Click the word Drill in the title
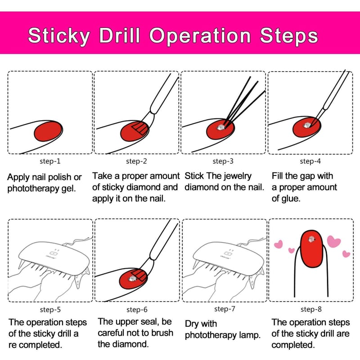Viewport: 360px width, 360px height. [x=120, y=36]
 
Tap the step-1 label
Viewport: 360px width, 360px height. [x=50, y=161]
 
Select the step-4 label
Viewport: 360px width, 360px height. [x=310, y=161]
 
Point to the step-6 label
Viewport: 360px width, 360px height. [x=137, y=310]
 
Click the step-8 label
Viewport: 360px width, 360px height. [x=311, y=309]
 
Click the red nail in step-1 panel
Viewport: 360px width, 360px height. [x=48, y=131]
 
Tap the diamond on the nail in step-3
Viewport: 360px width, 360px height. [x=220, y=127]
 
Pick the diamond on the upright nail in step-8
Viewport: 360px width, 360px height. [x=311, y=239]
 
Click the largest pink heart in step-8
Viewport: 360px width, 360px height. [x=333, y=242]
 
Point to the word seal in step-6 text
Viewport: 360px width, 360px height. [x=150, y=322]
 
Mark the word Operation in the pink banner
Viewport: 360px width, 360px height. [x=200, y=36]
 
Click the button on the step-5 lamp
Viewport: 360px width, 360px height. [x=53, y=253]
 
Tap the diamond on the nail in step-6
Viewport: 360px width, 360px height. [x=132, y=279]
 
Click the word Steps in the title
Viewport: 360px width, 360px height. [x=289, y=36]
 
